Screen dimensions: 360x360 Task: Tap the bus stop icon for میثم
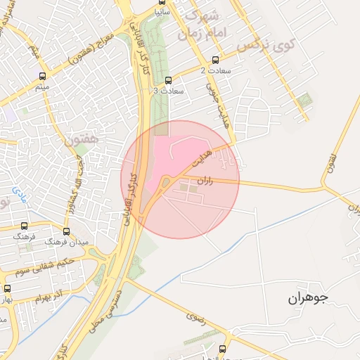[44, 77]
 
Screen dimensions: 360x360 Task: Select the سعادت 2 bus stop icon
[214, 60]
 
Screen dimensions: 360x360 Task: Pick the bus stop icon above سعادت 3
[167, 80]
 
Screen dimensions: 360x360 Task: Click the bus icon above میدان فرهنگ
[66, 231]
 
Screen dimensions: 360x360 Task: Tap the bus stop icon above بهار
[8, 288]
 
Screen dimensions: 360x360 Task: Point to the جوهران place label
[308, 298]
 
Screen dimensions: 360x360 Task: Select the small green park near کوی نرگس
[304, 101]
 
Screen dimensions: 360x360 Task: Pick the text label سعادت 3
[168, 91]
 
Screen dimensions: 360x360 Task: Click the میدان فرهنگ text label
[65, 242]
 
